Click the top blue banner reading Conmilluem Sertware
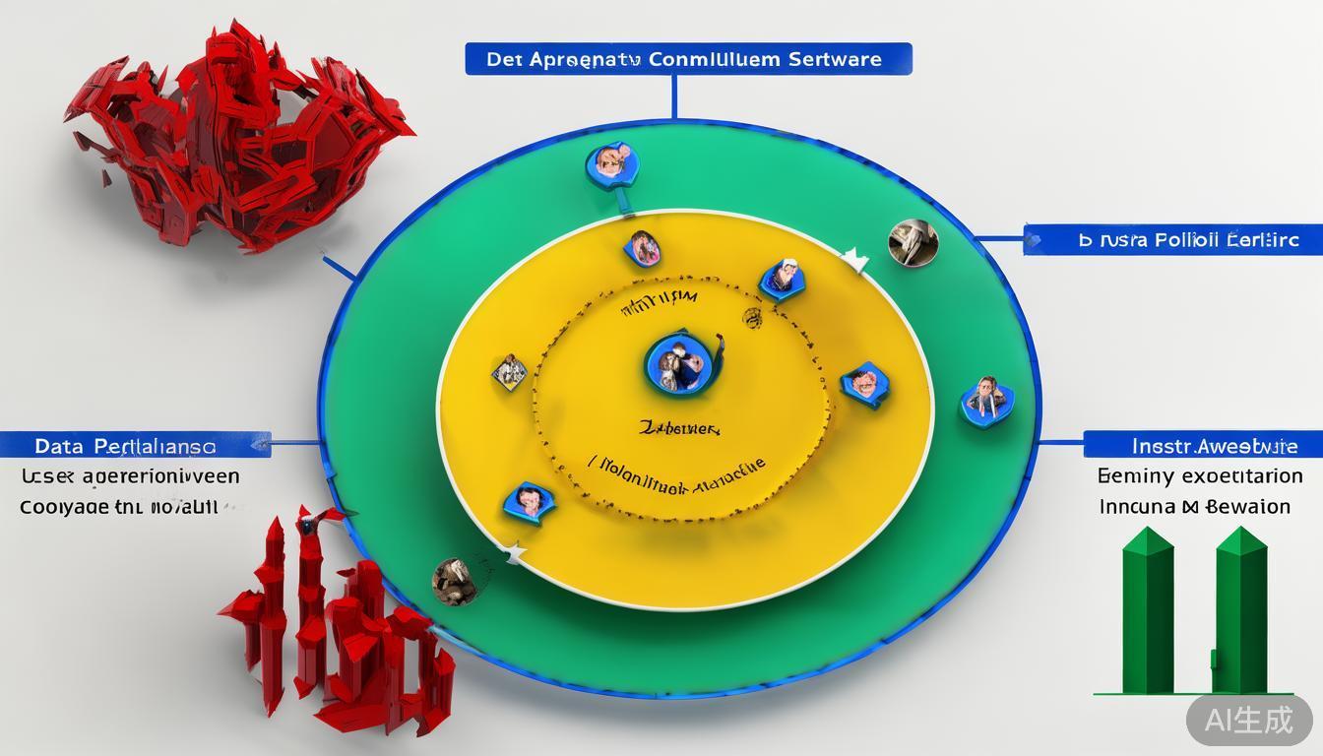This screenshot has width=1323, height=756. pos(688,59)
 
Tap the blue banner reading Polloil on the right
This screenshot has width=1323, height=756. pos(1171,239)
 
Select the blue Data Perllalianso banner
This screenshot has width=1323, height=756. pos(135,446)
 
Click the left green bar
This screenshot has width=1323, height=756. pos(1147,610)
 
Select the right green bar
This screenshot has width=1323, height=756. pos(1240,610)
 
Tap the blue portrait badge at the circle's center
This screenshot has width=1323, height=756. pos(677,362)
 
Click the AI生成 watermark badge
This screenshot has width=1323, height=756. pos(1249,720)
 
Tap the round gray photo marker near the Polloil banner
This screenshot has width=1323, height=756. pos(913,242)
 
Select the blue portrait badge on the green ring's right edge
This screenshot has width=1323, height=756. pos(986,399)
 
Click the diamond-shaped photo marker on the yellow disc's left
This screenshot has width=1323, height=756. pos(509,372)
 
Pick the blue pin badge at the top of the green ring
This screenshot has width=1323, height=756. pos(612,165)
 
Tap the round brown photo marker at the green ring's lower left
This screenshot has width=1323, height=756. pos(455,581)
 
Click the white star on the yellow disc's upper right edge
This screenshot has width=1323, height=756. pos(855,261)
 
